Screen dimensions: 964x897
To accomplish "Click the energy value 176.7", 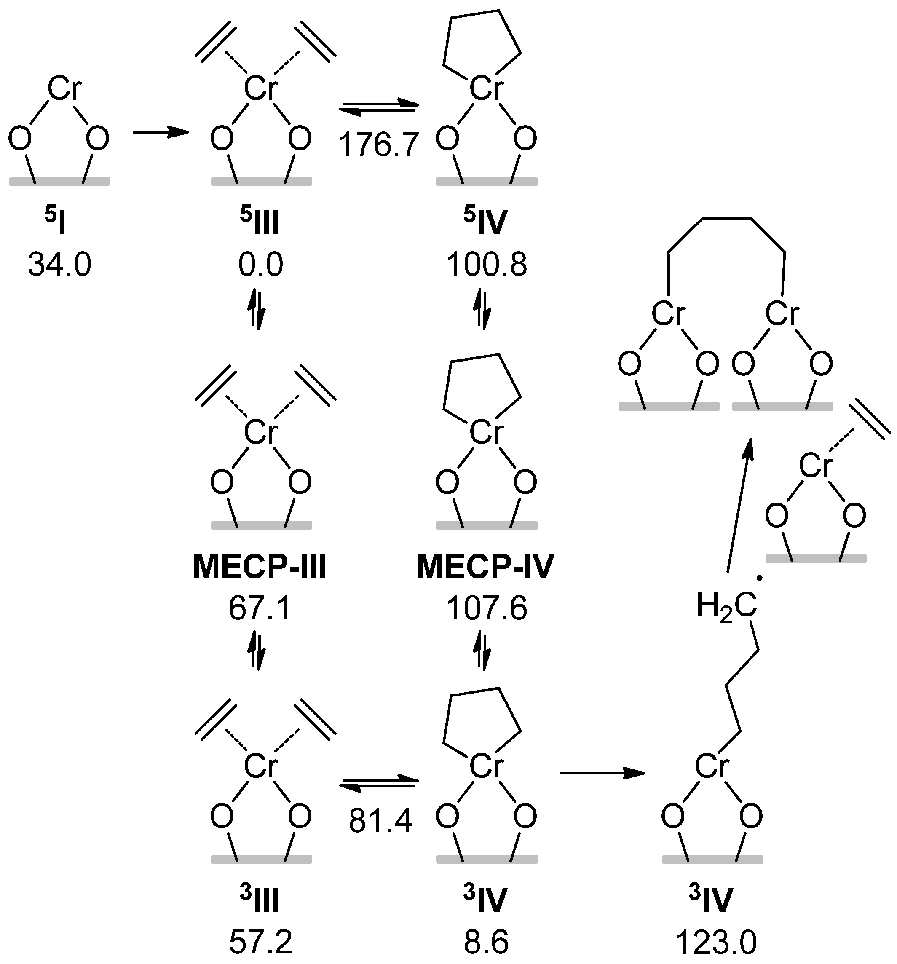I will point(378,144).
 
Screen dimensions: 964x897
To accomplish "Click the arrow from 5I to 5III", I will point(160,132).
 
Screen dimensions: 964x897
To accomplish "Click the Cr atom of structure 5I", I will point(64,90).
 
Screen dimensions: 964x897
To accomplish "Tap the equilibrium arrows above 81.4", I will point(379,784).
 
